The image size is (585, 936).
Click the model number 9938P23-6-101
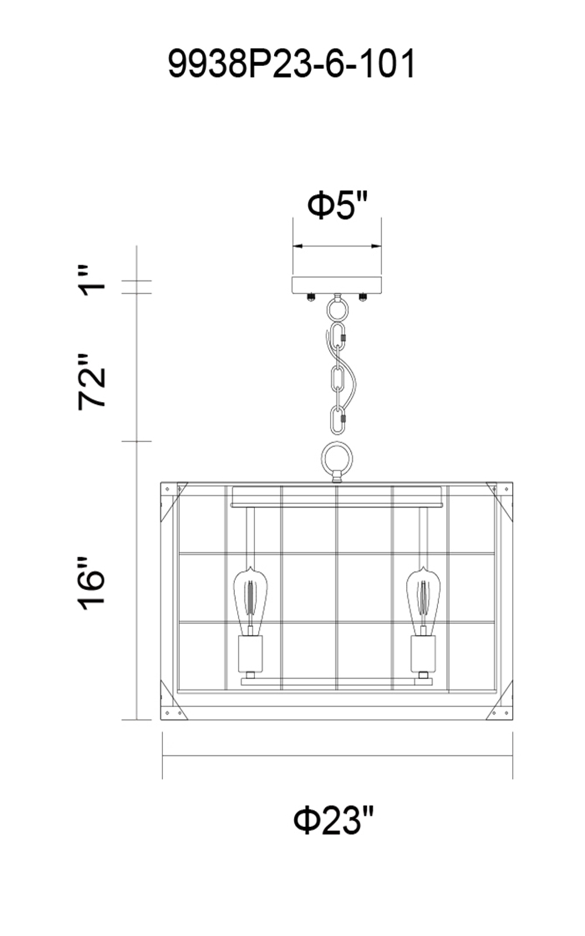[292, 63]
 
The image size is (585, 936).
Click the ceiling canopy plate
[337, 284]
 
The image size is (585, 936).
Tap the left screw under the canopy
[311, 297]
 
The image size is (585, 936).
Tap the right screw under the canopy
[363, 297]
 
